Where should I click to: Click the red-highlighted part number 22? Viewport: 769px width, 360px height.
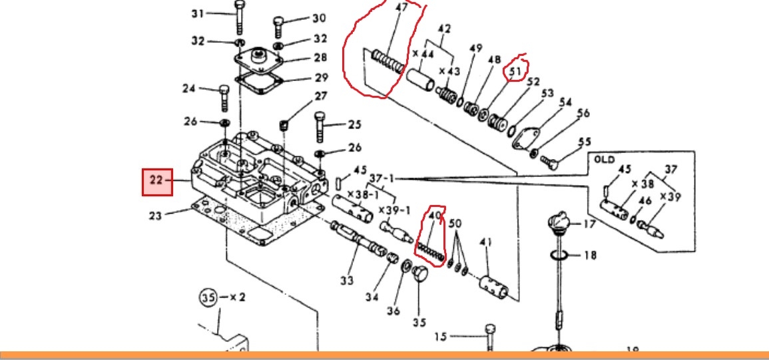click(x=156, y=180)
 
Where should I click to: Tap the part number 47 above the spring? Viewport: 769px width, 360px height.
click(x=401, y=8)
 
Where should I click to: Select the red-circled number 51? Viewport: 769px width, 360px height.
click(x=515, y=72)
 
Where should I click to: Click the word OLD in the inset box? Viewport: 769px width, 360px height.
click(x=605, y=160)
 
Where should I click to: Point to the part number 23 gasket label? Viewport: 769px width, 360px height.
click(x=156, y=216)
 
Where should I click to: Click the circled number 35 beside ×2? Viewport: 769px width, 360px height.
click(x=208, y=297)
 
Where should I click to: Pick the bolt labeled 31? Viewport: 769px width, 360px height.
click(x=239, y=17)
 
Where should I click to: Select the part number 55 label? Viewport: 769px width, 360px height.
click(x=585, y=142)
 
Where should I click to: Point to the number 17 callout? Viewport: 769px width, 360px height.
click(x=589, y=224)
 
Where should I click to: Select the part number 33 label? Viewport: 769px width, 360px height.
click(x=347, y=281)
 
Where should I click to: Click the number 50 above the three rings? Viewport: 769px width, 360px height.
click(x=455, y=224)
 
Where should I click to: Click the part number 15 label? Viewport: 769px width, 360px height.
click(x=441, y=337)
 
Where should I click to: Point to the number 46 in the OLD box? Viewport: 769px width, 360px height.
click(x=645, y=201)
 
